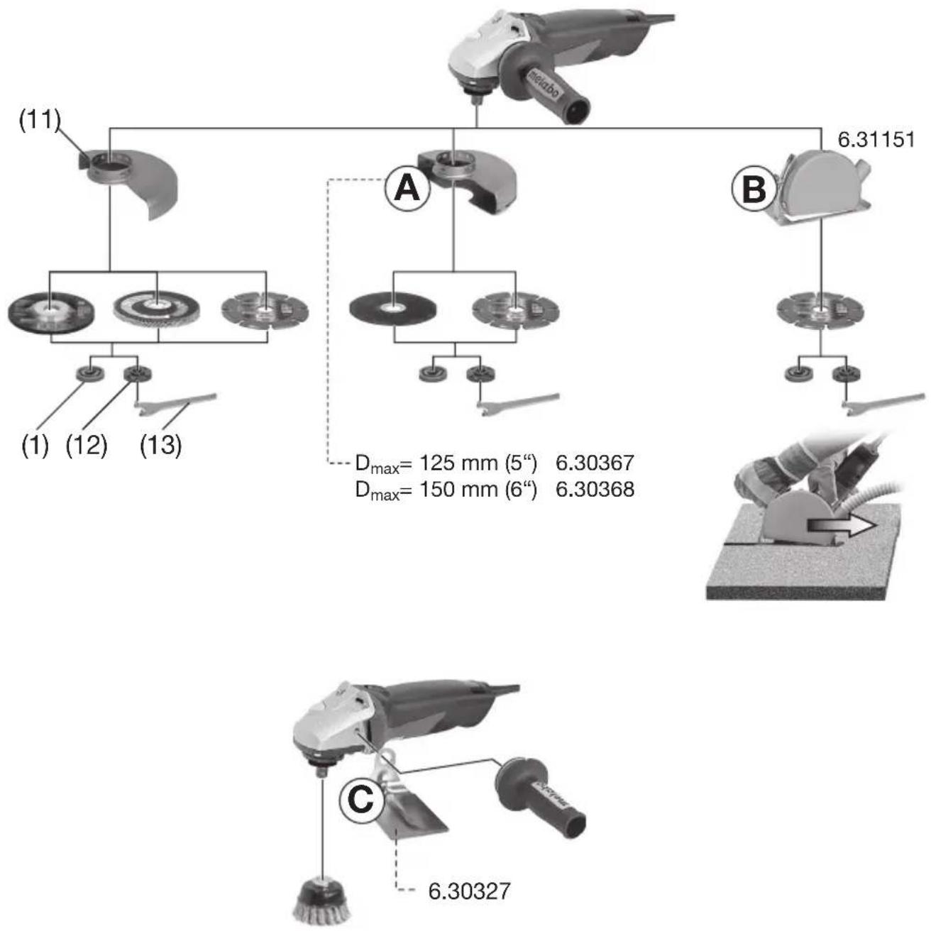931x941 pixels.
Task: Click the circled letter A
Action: (x=407, y=189)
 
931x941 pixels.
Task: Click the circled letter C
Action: (x=362, y=800)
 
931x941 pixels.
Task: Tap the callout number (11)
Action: (x=40, y=120)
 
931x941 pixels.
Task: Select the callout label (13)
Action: (x=160, y=445)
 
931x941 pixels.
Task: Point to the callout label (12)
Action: (x=87, y=445)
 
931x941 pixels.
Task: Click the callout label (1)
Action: (x=35, y=445)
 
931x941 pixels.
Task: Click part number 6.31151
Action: (x=875, y=140)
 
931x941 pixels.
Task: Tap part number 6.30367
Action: (x=594, y=463)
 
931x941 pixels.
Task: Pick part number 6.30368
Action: (x=594, y=489)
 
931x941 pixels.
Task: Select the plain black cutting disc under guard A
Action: (x=392, y=309)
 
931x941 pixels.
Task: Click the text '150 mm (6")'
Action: (x=478, y=489)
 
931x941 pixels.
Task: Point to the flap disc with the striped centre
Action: (x=156, y=311)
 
